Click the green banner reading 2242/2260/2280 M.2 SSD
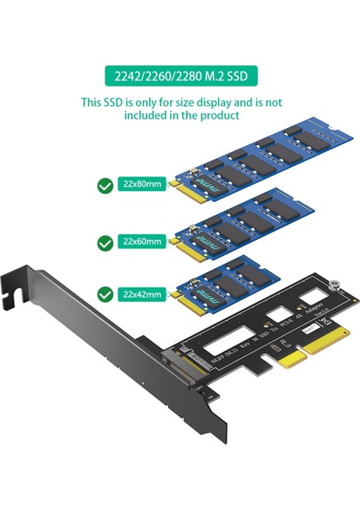pos(179,78)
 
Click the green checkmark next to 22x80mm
pos(104,184)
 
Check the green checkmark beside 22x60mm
pos(104,243)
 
